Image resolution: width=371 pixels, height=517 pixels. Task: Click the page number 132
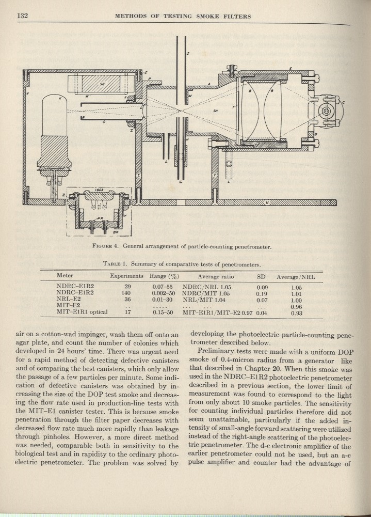(x=22, y=16)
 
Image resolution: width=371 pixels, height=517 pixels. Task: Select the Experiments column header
(x=126, y=276)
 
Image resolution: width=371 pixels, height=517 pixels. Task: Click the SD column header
(x=261, y=276)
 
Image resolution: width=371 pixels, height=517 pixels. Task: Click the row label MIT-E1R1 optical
(x=80, y=312)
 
